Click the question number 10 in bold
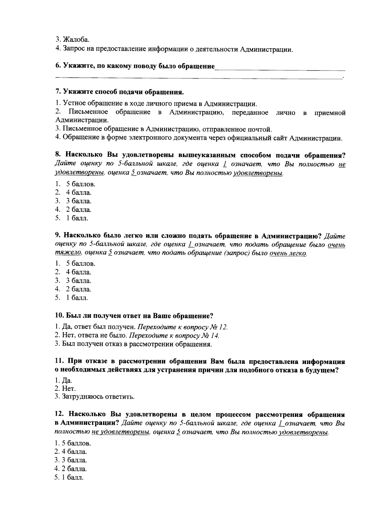(59, 316)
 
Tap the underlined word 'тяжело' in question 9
(68, 253)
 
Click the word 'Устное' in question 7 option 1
(73, 104)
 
